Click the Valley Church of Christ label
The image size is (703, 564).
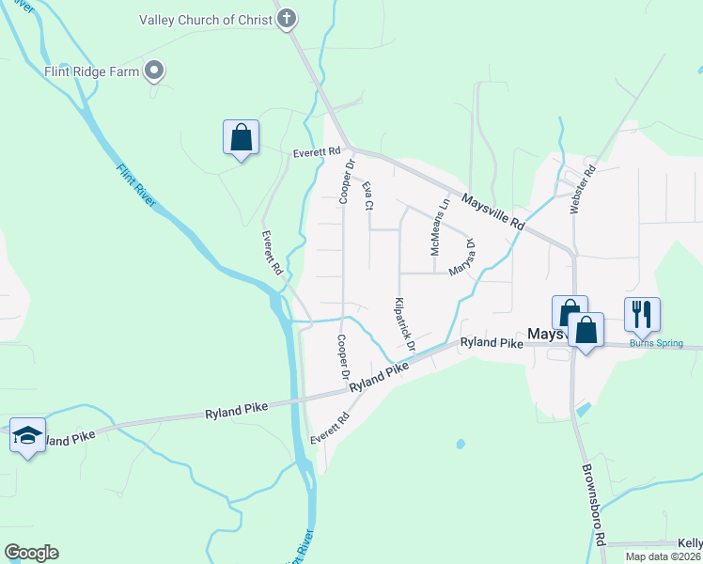(204, 19)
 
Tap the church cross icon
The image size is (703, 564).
(288, 18)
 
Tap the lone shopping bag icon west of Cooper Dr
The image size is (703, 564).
(242, 137)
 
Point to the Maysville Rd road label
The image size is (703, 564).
(492, 211)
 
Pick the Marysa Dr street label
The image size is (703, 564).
(462, 257)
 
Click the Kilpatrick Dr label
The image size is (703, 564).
(404, 325)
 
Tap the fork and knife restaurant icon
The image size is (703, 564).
(642, 314)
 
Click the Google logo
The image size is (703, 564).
(31, 553)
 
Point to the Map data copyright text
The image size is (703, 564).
(663, 556)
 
